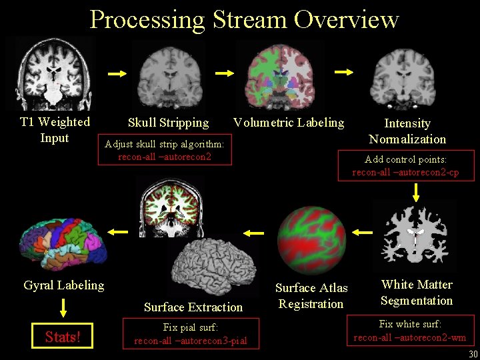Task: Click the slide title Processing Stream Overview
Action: pyautogui.click(x=244, y=19)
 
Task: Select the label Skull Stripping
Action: pyautogui.click(x=168, y=122)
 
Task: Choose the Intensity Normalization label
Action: pyautogui.click(x=407, y=131)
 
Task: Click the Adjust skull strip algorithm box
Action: pyautogui.click(x=165, y=150)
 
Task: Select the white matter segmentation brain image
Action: pyautogui.click(x=415, y=234)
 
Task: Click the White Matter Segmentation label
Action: pyautogui.click(x=417, y=292)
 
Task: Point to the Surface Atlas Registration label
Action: pyautogui.click(x=311, y=295)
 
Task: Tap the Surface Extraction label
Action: pyautogui.click(x=193, y=307)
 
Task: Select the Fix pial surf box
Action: pyautogui.click(x=190, y=334)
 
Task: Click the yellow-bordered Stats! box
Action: pyautogui.click(x=62, y=336)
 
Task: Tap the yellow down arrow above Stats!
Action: pyautogui.click(x=63, y=307)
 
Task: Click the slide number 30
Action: pyautogui.click(x=473, y=354)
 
